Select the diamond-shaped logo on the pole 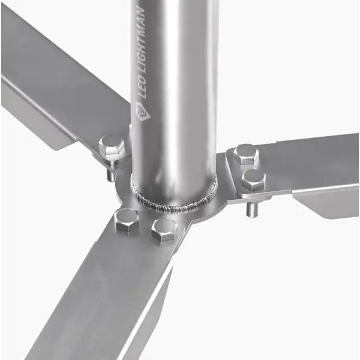[x=143, y=112]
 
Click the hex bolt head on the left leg [x=112, y=147]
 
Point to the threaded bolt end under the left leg [x=111, y=174]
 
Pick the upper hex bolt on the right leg [x=246, y=154]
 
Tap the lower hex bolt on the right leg [x=254, y=180]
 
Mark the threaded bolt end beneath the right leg [x=252, y=208]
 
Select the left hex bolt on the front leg [x=127, y=220]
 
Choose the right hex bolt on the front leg [x=164, y=230]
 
